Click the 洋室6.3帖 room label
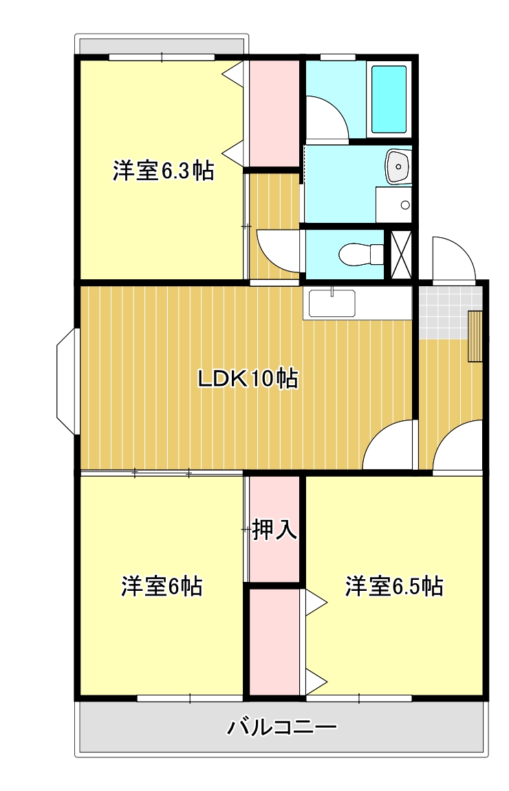pyautogui.click(x=164, y=171)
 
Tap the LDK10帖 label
pyautogui.click(x=248, y=378)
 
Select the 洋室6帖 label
pyautogui.click(x=162, y=586)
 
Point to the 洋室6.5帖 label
pyautogui.click(x=394, y=586)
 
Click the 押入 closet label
pyautogui.click(x=274, y=530)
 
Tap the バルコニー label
pyautogui.click(x=281, y=728)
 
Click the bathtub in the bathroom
pyautogui.click(x=389, y=99)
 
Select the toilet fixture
pyautogui.click(x=361, y=254)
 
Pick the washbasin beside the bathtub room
pyautogui.click(x=398, y=166)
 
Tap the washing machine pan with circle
pyautogui.click(x=393, y=204)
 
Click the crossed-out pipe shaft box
pyautogui.click(x=402, y=253)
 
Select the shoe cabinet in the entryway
pyautogui.click(x=475, y=336)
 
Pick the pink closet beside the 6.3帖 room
pyautogui.click(x=272, y=113)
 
